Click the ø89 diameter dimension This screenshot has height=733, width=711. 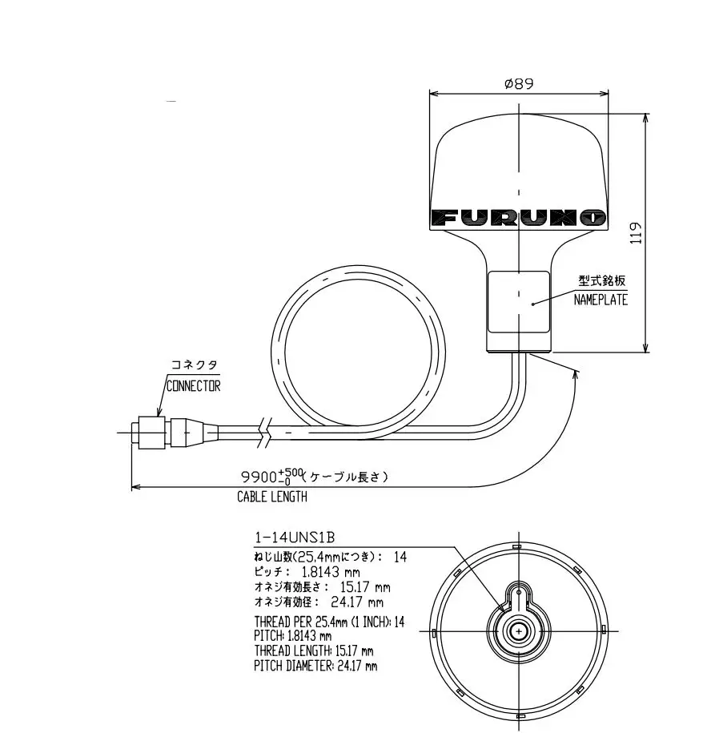pyautogui.click(x=518, y=83)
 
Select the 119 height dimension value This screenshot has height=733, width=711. pyautogui.click(x=636, y=232)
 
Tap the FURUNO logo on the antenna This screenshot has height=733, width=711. pyautogui.click(x=518, y=217)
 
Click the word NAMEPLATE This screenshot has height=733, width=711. pyautogui.click(x=601, y=300)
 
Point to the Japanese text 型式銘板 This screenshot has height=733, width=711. pyautogui.click(x=601, y=281)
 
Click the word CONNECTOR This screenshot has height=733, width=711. pyautogui.click(x=193, y=385)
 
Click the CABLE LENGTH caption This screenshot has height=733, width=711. pyautogui.click(x=271, y=497)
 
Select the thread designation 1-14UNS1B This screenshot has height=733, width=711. pyautogui.click(x=294, y=538)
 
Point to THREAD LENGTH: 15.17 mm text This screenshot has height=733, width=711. pyautogui.click(x=314, y=650)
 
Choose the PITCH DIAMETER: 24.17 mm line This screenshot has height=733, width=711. pyautogui.click(x=315, y=666)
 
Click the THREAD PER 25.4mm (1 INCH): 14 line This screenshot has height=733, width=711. pyautogui.click(x=329, y=622)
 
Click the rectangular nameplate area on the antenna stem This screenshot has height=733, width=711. pyautogui.click(x=518, y=303)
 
